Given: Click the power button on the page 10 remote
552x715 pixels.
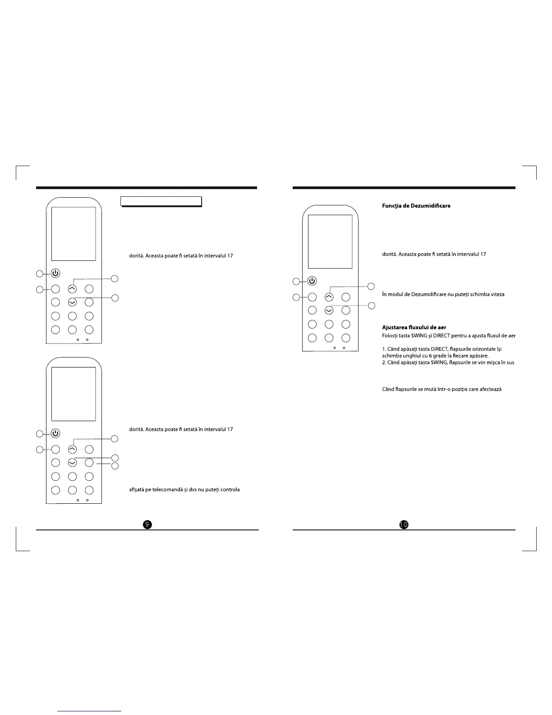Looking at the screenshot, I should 312,281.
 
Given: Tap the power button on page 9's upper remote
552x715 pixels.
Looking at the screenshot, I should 55,273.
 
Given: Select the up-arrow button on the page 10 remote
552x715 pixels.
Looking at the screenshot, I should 329,297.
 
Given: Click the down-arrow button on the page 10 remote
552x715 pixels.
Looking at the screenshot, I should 329,310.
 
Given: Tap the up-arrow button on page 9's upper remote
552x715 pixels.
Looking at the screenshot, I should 72,289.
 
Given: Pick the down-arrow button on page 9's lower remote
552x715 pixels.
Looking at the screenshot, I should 72,462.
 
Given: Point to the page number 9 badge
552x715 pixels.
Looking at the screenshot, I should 147,524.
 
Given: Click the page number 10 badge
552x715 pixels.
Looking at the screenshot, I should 404,524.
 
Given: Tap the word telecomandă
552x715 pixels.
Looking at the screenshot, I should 167,490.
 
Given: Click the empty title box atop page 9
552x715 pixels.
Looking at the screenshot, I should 161,201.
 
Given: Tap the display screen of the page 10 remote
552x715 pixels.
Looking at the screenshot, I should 330,241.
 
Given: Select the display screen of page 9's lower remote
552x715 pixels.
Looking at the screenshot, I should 74,394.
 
